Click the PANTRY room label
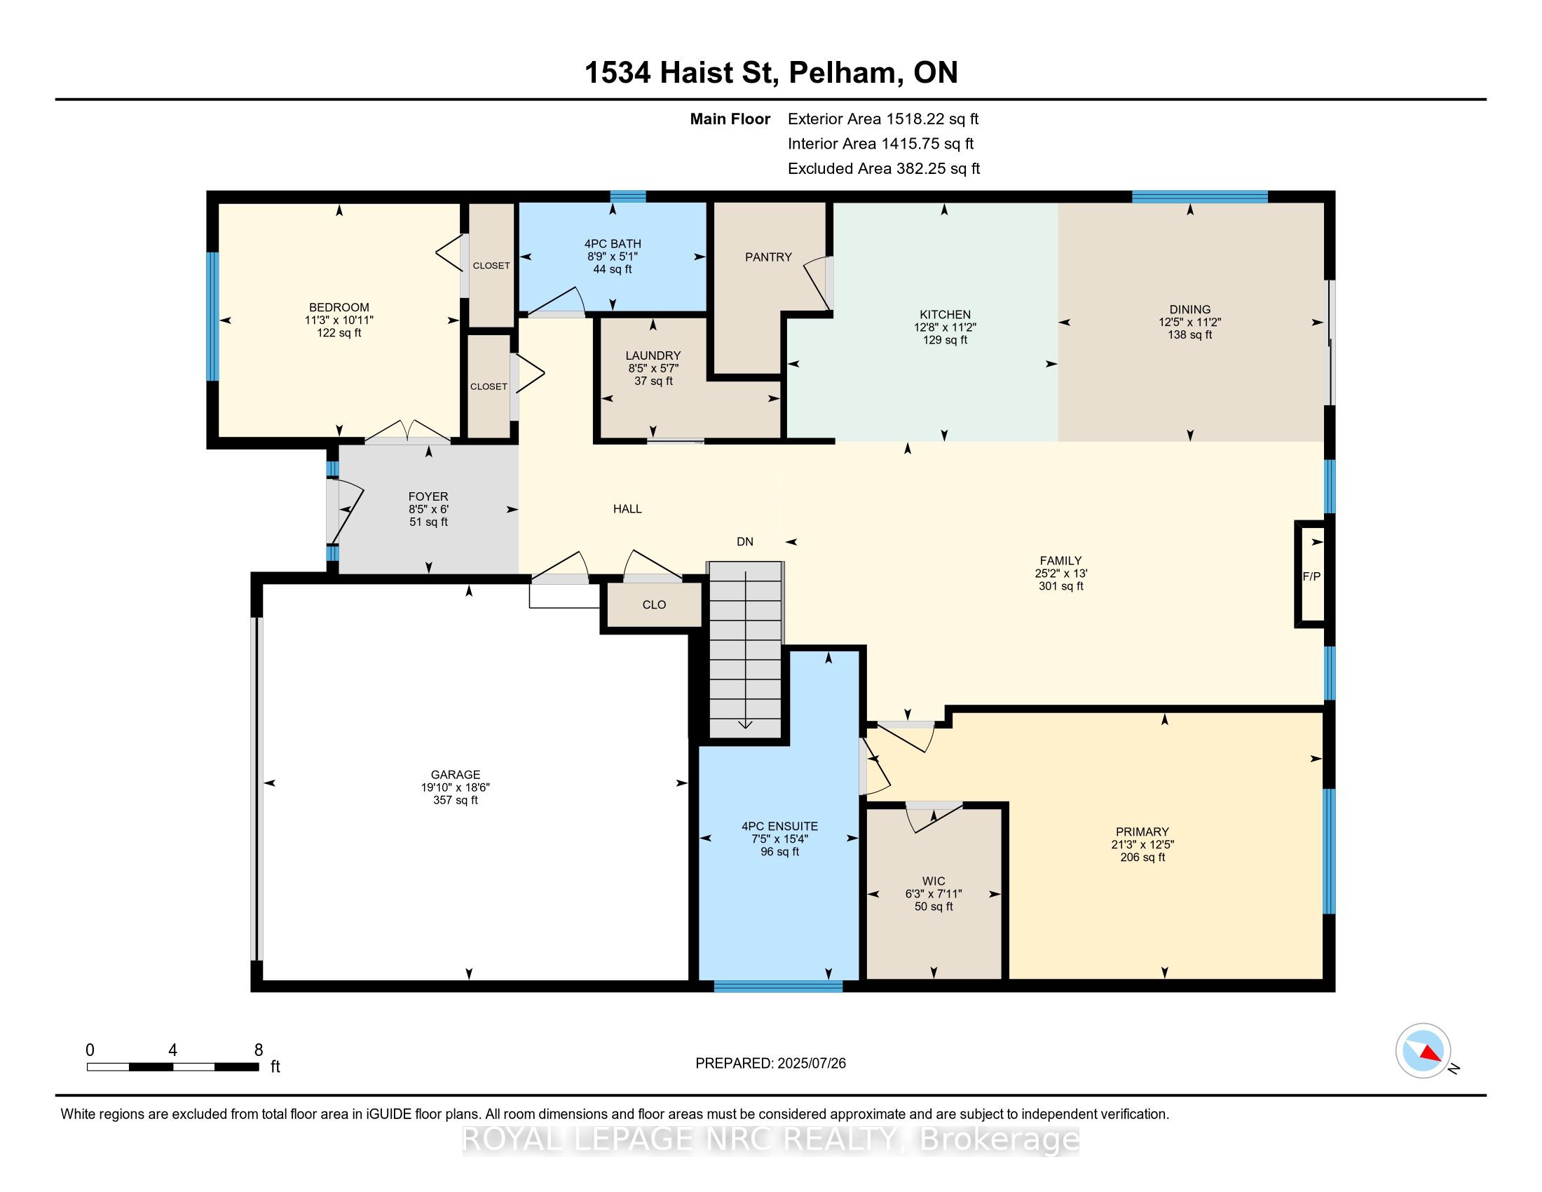[768, 257]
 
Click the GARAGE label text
[456, 775]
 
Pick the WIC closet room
[934, 893]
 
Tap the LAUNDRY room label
[653, 356]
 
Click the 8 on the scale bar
[259, 1050]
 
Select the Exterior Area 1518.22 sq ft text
[883, 119]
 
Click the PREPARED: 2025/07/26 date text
[770, 1064]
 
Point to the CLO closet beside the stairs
[655, 604]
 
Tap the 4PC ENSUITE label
[779, 826]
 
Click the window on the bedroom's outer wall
[212, 316]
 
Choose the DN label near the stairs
[745, 541]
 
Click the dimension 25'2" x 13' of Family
[1061, 574]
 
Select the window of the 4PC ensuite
[778, 987]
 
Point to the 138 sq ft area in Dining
[1189, 334]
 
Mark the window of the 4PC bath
[628, 196]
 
